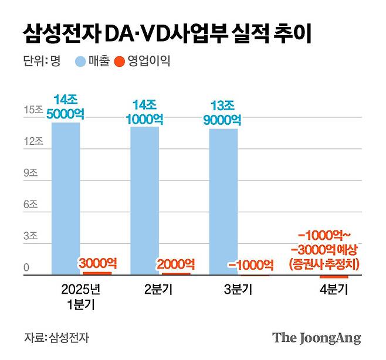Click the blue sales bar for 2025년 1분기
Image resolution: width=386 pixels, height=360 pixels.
(66, 198)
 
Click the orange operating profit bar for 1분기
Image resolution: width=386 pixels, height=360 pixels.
(97, 273)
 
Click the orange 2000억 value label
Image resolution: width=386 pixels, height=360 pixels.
(176, 264)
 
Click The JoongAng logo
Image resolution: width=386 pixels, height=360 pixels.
(316, 338)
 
